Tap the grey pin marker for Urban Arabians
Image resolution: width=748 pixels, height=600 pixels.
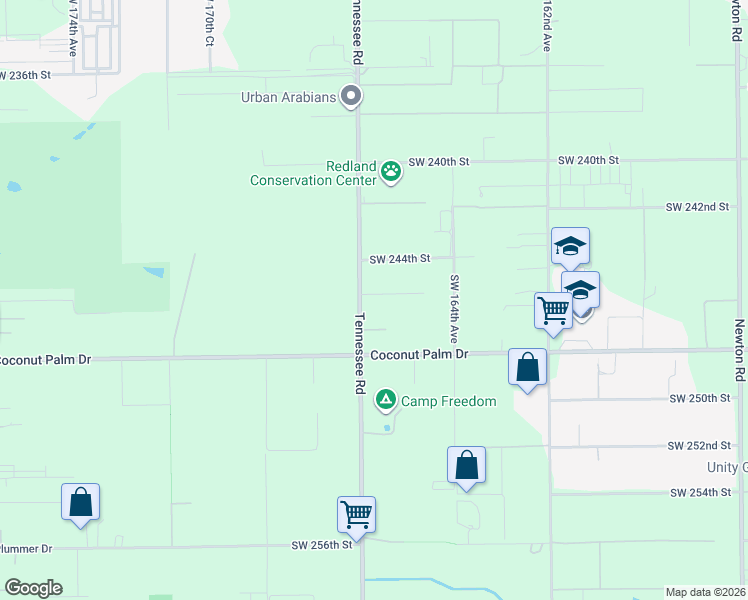[351, 97]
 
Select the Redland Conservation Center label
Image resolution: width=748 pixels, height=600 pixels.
[314, 173]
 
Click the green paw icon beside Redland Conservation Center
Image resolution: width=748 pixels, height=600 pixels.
[391, 172]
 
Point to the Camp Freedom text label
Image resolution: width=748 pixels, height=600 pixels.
[449, 402]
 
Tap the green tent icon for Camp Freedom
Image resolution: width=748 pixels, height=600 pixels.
[385, 401]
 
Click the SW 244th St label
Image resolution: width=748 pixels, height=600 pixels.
[399, 259]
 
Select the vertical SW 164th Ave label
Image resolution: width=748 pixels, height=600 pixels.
[454, 309]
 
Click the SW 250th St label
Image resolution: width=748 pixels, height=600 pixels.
[700, 398]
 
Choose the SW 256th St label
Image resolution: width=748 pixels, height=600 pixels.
[322, 545]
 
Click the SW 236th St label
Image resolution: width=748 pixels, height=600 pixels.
[39, 75]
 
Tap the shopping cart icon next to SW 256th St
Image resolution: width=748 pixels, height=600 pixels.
[356, 514]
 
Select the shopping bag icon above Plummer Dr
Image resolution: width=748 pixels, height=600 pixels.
[81, 502]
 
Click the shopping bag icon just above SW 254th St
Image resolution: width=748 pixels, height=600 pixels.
[466, 464]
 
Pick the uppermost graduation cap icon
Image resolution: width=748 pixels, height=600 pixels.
[570, 245]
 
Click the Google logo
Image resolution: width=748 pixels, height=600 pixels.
[33, 588]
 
